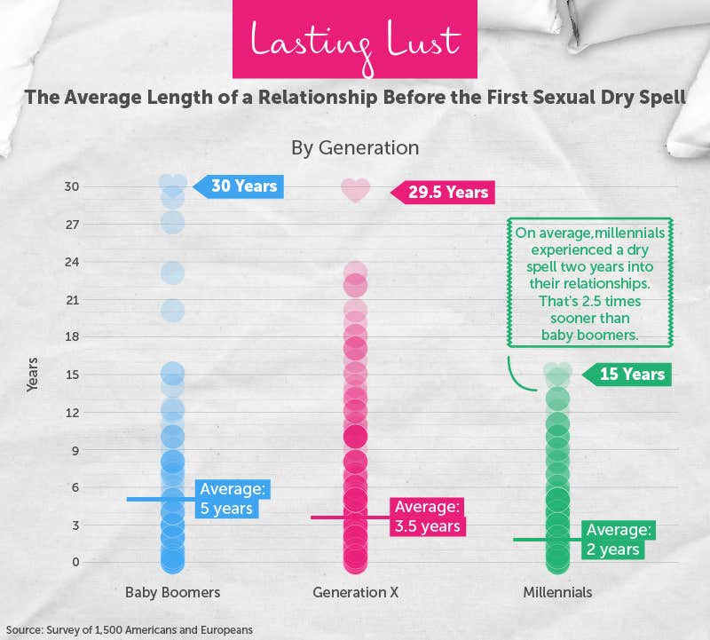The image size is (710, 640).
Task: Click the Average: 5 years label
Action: (x=233, y=499)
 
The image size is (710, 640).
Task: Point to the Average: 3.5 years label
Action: (x=428, y=517)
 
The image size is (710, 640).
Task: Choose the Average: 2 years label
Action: (x=619, y=540)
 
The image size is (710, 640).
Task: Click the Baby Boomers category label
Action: (x=172, y=592)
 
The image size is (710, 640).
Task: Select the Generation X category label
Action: (x=355, y=592)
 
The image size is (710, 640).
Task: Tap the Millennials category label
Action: (x=556, y=592)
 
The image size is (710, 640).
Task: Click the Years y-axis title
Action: (x=32, y=375)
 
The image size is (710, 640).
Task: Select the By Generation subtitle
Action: (x=355, y=146)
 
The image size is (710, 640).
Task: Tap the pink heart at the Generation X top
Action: (x=355, y=190)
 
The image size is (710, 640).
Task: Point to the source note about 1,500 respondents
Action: (x=130, y=629)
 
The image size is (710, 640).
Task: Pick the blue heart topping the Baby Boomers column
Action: (x=173, y=183)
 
